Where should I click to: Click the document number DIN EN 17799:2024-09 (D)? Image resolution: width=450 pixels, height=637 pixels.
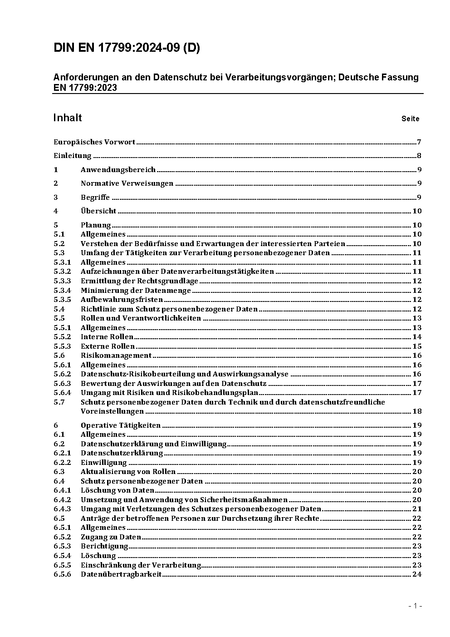coord(127,48)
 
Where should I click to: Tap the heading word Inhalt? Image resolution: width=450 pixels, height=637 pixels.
coord(68,118)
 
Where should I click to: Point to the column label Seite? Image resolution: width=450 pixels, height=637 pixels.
coord(410,119)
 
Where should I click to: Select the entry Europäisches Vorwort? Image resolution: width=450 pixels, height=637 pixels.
coord(94,142)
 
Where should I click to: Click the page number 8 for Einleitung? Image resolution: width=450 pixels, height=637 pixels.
coord(419,156)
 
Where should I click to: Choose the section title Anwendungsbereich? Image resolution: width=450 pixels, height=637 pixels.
coord(118,170)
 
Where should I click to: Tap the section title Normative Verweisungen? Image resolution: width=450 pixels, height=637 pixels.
coord(127,183)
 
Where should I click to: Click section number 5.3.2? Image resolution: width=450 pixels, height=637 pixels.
coord(62,272)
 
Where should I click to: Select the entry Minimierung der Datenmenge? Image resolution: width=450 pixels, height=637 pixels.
coord(136,291)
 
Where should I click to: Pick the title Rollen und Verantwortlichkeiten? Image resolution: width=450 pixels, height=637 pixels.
coord(141,318)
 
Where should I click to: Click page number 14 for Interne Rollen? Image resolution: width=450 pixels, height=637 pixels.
coord(417,337)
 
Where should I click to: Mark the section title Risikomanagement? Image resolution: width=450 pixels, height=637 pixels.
coord(116,356)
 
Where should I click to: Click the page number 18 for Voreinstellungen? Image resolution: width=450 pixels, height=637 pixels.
coord(417,411)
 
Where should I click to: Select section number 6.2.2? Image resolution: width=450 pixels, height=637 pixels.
coord(62,463)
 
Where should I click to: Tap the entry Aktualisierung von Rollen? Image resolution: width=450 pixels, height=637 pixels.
coord(128,472)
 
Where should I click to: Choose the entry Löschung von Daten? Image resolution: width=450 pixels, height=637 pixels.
coord(117,490)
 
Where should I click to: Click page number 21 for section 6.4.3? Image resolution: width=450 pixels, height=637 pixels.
coord(417,509)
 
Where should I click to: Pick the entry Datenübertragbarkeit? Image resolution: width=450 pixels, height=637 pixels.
coord(121,574)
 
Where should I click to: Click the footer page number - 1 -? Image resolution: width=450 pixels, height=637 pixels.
coord(415,606)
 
